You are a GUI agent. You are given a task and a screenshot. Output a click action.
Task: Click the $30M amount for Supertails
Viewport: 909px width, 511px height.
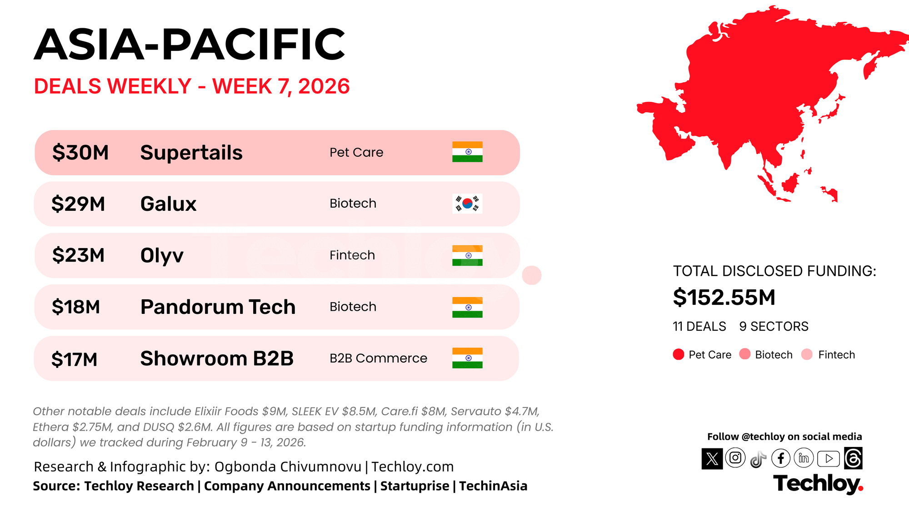pos(80,153)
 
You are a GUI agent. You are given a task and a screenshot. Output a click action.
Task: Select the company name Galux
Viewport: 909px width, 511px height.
pos(168,204)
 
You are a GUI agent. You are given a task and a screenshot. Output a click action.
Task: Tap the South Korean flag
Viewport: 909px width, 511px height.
pos(467,203)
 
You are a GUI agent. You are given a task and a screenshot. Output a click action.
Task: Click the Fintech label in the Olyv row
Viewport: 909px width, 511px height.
pos(352,255)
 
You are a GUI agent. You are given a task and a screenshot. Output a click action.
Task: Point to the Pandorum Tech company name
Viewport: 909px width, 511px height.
pos(218,307)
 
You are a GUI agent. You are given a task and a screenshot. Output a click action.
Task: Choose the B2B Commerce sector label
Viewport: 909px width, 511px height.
pos(378,358)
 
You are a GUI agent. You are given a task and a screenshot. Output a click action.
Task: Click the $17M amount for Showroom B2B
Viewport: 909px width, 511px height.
pos(75,359)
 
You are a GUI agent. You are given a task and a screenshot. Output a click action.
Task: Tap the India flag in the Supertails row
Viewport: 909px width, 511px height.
pos(467,152)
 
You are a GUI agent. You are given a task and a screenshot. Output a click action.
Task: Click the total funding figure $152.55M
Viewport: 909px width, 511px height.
pos(724,298)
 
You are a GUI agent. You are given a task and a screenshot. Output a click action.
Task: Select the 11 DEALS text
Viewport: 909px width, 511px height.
pos(699,327)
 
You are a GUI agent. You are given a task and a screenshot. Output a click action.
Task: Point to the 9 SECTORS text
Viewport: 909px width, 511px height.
pos(774,327)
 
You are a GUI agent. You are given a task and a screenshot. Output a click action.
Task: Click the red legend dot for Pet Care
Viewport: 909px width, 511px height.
pos(679,354)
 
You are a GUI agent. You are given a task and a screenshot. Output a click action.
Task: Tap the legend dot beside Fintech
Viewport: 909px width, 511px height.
pos(807,354)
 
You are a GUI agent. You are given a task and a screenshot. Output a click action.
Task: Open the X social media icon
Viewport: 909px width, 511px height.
pos(712,459)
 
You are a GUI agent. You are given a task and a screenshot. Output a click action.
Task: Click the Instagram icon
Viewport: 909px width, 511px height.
pos(735,458)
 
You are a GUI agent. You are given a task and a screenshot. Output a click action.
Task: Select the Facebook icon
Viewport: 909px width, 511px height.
pos(781,458)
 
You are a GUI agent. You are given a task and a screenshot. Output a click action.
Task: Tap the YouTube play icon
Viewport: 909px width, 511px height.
pos(829,459)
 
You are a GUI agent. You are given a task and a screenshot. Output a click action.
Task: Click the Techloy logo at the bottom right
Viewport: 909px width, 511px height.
pos(818,484)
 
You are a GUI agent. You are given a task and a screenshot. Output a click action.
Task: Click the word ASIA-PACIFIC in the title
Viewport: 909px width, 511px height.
pos(190,44)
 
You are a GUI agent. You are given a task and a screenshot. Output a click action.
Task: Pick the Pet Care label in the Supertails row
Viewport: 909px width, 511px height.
pos(356,153)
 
